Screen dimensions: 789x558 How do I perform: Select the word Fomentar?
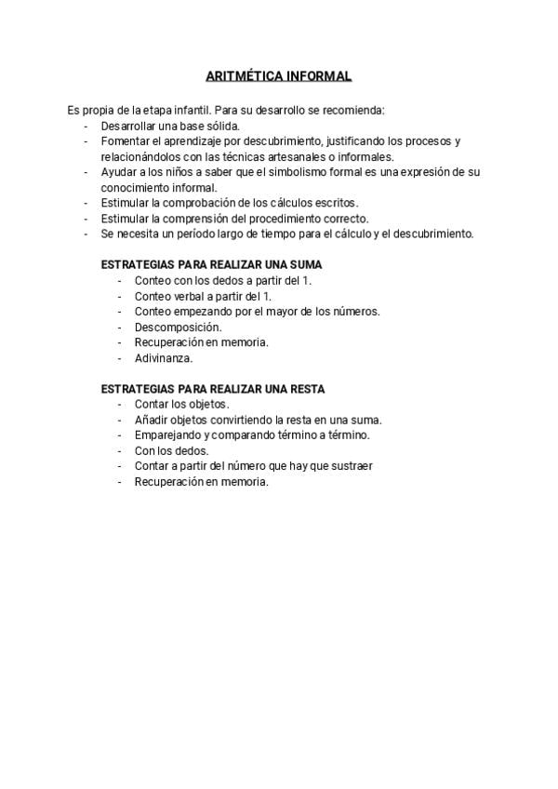point(125,141)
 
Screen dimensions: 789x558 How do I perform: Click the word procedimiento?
point(282,219)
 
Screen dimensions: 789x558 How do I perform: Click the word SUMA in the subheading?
point(305,264)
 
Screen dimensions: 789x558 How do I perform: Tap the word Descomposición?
point(178,327)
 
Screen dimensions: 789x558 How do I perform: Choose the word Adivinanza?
point(163,357)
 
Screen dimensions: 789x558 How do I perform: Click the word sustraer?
point(351,466)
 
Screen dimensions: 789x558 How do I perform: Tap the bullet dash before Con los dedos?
point(120,450)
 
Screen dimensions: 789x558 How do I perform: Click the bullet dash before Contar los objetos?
point(120,404)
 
